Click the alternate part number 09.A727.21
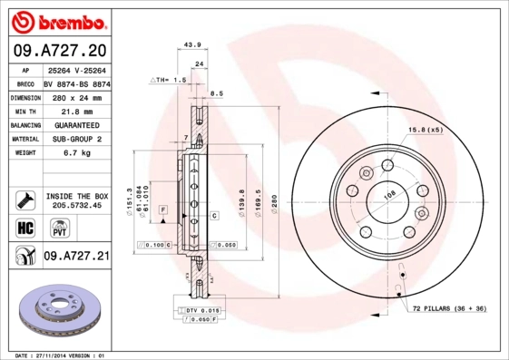click(76, 257)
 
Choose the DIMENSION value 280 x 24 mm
click(76, 95)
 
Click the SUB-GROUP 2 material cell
click(76, 139)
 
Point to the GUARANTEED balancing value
click(76, 124)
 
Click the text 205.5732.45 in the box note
click(76, 205)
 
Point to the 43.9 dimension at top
click(191, 44)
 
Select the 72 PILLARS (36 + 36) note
click(449, 310)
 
